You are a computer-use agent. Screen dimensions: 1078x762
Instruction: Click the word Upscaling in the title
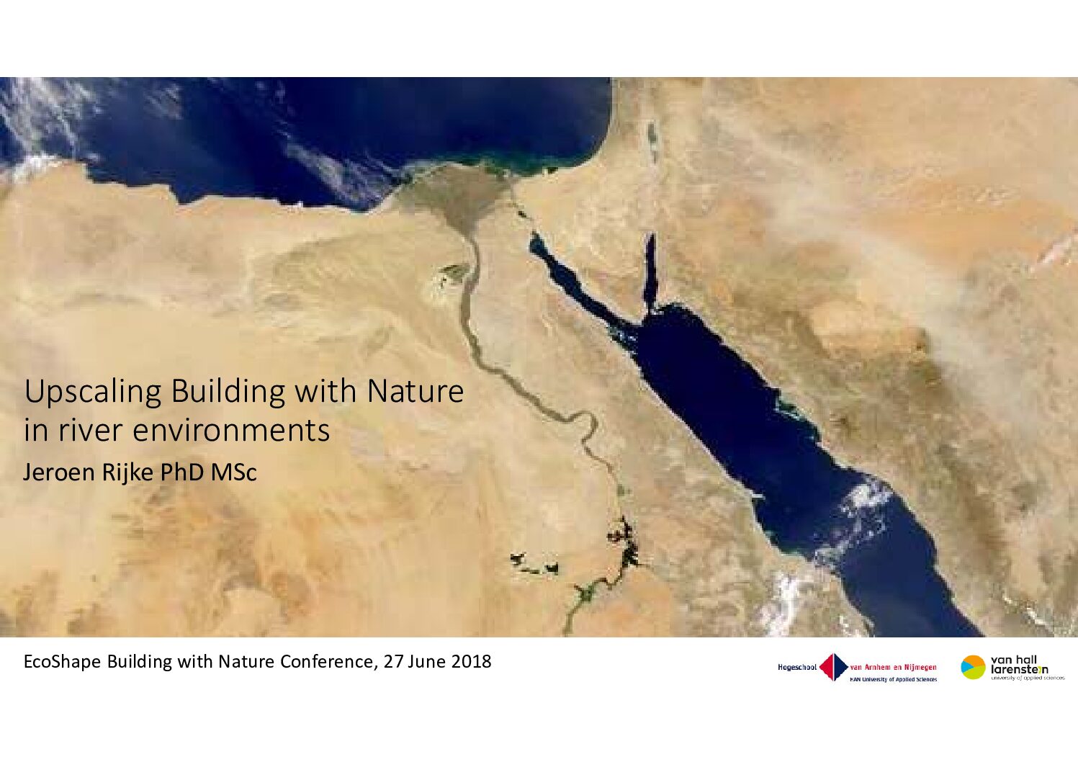click(x=92, y=393)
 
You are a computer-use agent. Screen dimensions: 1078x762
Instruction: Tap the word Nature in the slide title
click(x=416, y=391)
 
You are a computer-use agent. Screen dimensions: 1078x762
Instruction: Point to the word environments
click(x=231, y=431)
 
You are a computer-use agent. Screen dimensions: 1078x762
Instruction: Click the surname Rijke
click(x=127, y=472)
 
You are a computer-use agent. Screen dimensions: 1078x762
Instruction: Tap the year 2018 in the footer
click(x=471, y=662)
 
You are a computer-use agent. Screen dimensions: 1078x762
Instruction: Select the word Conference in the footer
click(x=325, y=662)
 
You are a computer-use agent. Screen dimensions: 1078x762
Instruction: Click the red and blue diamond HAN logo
click(x=834, y=667)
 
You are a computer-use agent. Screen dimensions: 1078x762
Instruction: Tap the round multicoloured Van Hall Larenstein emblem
click(x=973, y=667)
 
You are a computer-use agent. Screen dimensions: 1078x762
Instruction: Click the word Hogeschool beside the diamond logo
click(x=797, y=667)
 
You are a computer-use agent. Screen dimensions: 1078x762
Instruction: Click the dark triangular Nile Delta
click(x=457, y=197)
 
